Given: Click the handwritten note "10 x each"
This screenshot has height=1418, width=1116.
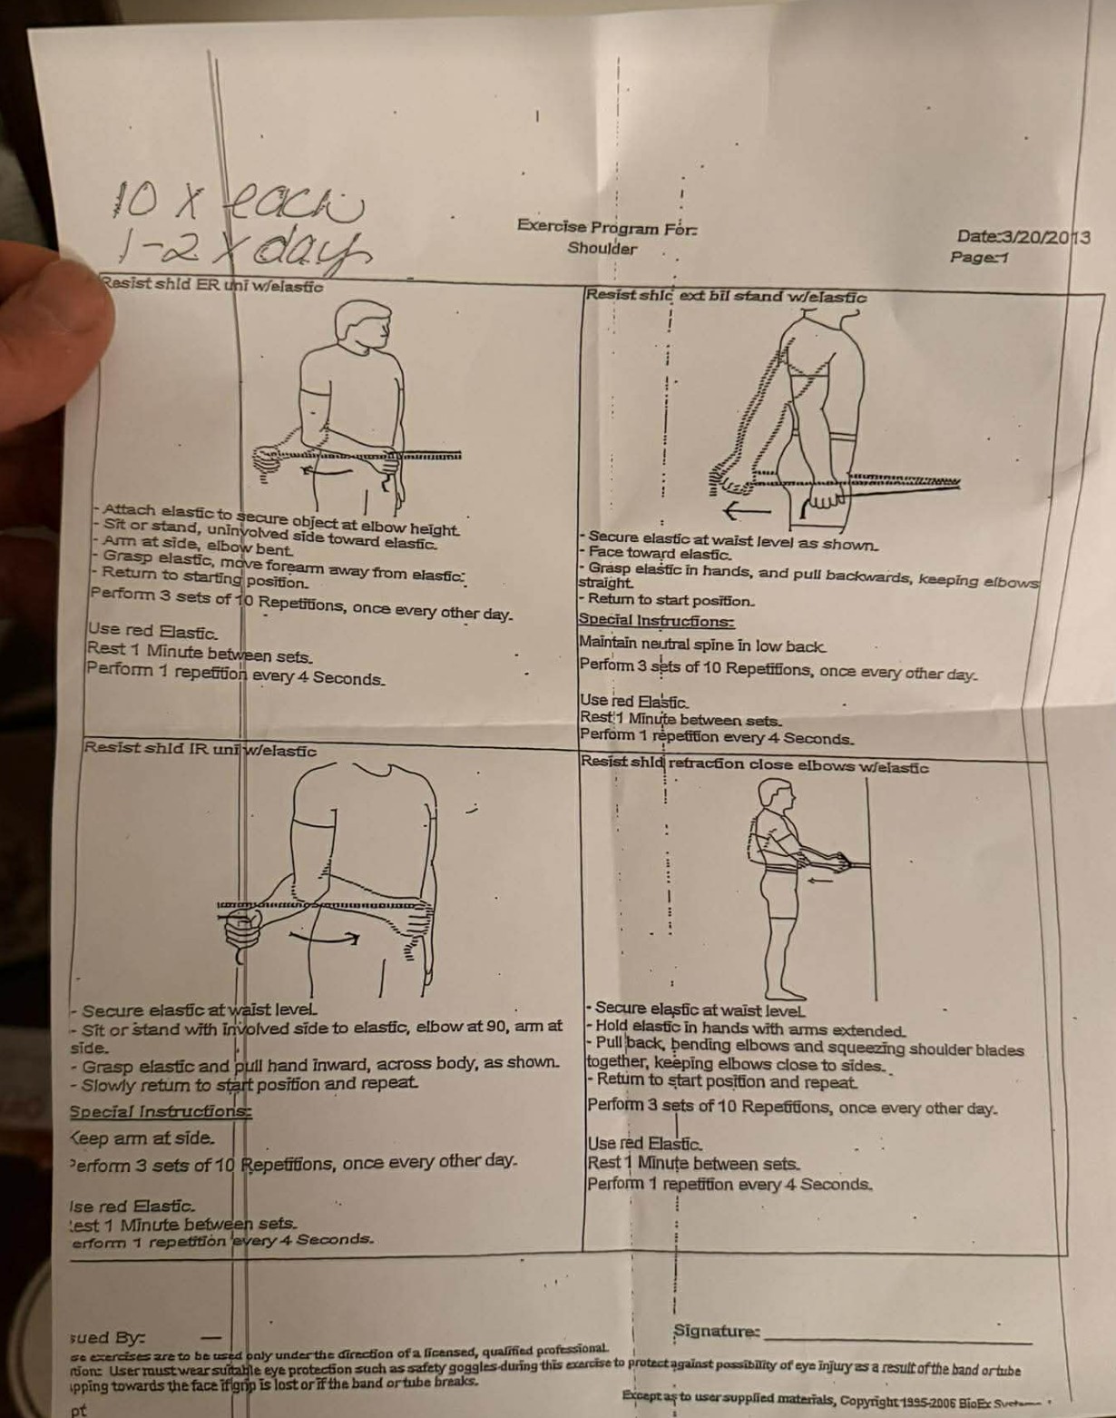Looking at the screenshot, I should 238,199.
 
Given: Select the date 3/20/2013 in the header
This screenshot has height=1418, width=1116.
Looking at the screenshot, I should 1023,237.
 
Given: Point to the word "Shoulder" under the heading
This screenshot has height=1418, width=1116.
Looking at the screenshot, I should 602,248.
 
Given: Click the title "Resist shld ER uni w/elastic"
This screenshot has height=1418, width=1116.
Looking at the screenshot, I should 213,285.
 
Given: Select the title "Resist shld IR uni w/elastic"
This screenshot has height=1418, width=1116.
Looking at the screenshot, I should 201,750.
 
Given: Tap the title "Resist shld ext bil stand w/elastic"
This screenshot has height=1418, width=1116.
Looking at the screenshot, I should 726,296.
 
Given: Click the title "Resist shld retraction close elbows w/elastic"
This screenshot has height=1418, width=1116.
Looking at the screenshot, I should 754,765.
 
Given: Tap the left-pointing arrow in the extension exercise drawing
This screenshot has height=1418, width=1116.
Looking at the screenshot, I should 746,512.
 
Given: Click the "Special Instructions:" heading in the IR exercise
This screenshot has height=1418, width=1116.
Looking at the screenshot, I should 161,1111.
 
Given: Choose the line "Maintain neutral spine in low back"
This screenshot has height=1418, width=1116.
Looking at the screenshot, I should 702,645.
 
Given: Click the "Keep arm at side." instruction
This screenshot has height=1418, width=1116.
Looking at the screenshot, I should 143,1137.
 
